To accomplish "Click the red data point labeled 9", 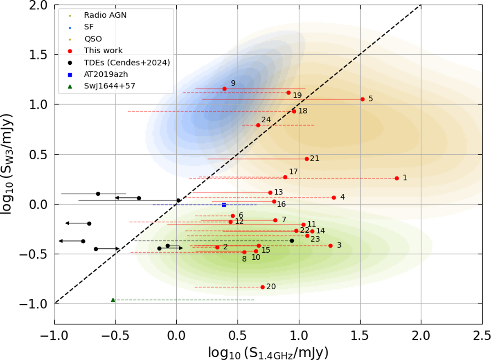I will pos(224,88).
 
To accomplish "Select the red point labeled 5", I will pos(363,99).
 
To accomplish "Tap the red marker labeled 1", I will pos(396,178).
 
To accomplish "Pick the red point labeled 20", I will pos(263,287).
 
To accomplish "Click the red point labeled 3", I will pos(330,246).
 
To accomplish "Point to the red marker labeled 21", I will pos(307,158).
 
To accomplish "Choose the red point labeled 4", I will pos(334,197).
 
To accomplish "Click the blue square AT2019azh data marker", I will pos(224,204).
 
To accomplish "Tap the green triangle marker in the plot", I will pos(113,300).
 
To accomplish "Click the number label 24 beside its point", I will pos(266,120).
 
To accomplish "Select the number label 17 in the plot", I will pos(293,171).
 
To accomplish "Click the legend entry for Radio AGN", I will pos(99,16).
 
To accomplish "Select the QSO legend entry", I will pos(93,39).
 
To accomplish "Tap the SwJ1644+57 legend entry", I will pos(109,86).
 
